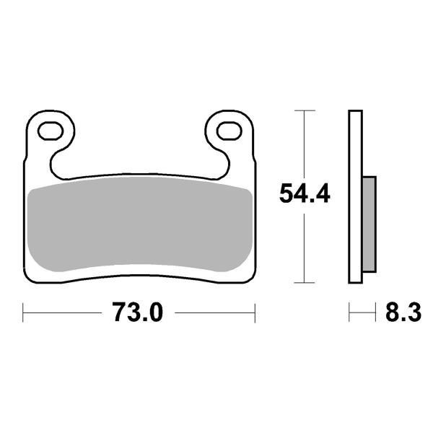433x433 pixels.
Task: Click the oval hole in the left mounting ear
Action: tap(52, 131)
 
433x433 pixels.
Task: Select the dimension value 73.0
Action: tap(138, 313)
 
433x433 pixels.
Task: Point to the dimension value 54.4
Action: tap(305, 194)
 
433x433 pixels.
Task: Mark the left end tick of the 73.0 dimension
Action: tap(24, 313)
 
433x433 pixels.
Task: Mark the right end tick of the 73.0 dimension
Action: tap(255, 313)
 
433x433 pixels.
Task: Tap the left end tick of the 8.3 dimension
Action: tap(350, 313)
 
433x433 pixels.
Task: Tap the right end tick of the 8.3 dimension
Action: tap(377, 313)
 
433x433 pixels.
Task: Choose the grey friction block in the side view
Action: tap(367, 224)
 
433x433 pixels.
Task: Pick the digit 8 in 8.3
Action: tap(393, 313)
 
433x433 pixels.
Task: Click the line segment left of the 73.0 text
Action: tap(65, 313)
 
